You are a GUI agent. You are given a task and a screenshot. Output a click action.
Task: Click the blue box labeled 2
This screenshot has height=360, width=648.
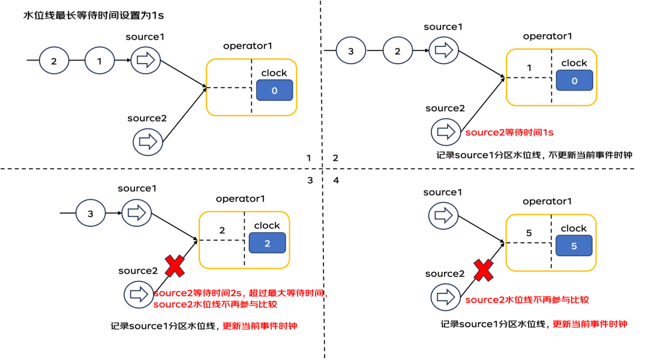point(267,243)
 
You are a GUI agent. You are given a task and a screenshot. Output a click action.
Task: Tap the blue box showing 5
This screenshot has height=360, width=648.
point(574,246)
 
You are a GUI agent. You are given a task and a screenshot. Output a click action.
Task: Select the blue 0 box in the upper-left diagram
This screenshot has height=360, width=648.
point(274,91)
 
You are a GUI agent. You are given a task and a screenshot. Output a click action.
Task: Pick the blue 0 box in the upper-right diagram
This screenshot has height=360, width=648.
point(574,80)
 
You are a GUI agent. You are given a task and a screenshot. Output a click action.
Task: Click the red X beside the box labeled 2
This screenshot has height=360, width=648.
point(175,266)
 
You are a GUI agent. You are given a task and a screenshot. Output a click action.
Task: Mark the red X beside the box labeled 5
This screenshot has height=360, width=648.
point(484,271)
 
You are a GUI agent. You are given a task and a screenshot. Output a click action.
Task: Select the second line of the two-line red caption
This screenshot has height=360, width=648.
point(216,305)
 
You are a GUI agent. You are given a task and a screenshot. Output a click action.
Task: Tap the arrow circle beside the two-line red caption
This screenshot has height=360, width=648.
point(137,295)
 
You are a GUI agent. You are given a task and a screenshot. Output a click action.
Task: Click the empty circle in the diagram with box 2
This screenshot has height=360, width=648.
point(91,214)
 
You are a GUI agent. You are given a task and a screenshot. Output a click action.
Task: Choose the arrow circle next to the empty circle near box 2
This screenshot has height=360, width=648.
point(137,213)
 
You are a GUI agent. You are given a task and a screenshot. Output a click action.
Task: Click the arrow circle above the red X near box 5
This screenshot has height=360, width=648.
point(444,216)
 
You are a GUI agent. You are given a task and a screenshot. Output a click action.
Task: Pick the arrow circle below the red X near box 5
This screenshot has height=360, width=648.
point(444,298)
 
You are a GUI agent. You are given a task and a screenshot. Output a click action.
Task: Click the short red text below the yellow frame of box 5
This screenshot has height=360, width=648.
point(590,324)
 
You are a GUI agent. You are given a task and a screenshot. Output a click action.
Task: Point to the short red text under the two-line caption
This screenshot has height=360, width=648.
point(259,326)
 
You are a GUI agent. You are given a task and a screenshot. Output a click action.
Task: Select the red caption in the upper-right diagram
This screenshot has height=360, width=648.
point(510,134)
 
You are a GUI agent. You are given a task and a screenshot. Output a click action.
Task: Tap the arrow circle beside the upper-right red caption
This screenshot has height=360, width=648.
point(445,133)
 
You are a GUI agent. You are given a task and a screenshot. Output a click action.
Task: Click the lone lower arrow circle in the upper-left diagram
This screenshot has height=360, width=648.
point(146,142)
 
